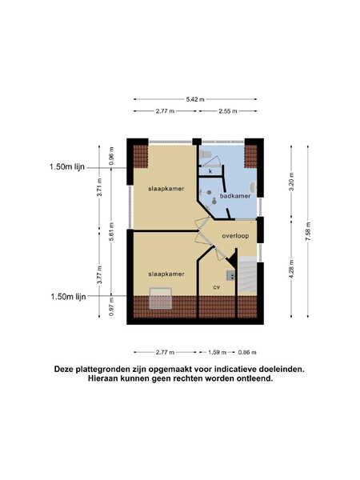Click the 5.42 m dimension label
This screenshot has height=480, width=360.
click(x=195, y=99)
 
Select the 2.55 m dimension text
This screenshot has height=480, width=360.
click(x=228, y=111)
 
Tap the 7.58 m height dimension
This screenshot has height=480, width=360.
click(x=308, y=231)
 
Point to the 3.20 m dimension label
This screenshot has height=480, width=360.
click(x=291, y=182)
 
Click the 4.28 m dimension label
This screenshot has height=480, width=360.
click(x=291, y=269)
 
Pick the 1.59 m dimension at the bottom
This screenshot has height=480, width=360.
click(x=218, y=352)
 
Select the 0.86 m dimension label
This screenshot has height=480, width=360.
click(x=247, y=352)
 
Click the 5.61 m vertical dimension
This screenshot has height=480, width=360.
click(x=111, y=231)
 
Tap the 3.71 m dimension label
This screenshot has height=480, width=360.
click(x=99, y=187)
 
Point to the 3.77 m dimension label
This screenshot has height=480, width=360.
click(x=99, y=274)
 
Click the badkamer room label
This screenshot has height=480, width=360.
click(x=235, y=196)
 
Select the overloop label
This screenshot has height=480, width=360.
click(x=235, y=236)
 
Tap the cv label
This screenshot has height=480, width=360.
click(x=217, y=287)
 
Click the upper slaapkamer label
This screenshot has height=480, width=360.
click(x=166, y=189)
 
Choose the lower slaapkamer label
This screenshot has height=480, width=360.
click(x=166, y=274)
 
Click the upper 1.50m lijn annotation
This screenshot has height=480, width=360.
click(x=67, y=167)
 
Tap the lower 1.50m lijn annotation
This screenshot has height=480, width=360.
click(x=68, y=296)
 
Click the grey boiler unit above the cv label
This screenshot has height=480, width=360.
click(x=230, y=275)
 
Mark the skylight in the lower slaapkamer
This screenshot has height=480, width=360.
click(x=161, y=298)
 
